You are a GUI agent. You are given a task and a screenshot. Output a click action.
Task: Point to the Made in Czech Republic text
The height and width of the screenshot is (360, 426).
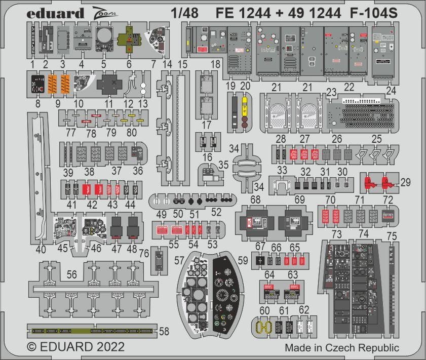click(341, 348)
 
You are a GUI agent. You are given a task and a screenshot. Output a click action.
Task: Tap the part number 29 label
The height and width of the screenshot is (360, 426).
click(405, 182)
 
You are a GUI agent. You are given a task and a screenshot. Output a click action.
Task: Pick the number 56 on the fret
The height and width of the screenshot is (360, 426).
click(72, 274)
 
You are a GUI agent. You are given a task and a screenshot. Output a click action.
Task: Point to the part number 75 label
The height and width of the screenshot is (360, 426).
click(392, 235)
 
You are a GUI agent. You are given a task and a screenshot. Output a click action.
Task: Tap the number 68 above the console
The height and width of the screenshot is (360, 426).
click(255, 201)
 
